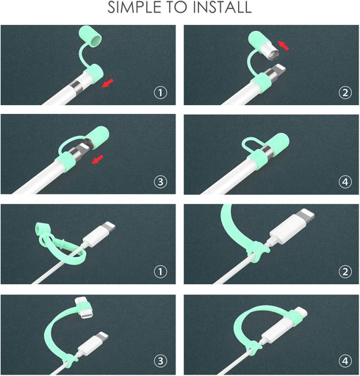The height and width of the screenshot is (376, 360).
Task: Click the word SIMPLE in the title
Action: [136, 7]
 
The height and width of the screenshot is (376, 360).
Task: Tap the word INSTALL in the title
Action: [223, 7]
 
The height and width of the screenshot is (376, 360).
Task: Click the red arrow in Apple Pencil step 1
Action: [108, 83]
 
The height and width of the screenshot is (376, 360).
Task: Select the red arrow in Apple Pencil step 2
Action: [284, 46]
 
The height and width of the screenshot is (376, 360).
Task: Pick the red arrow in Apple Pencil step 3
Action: [98, 159]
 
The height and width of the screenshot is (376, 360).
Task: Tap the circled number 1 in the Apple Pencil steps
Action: [160, 93]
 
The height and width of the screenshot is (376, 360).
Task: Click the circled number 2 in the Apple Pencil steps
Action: [345, 93]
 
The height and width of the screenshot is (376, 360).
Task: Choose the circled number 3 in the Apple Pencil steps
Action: [160, 181]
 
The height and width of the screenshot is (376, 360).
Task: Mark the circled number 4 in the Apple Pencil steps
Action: [345, 181]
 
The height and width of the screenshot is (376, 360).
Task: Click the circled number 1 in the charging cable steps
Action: [160, 272]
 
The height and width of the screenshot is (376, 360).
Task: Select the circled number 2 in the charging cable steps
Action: [345, 272]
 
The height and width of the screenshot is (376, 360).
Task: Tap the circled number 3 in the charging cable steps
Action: [160, 361]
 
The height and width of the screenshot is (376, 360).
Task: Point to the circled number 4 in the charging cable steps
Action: [345, 361]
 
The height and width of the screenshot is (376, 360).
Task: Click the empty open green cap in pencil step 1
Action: [90, 36]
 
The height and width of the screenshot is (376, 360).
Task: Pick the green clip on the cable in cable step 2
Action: [257, 252]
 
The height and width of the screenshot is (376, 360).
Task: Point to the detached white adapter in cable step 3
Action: [84, 307]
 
